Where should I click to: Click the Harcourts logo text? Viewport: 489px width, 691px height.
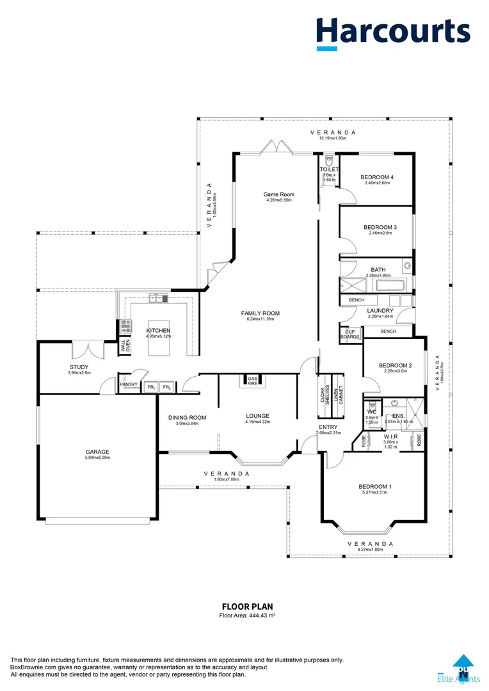point(393,31)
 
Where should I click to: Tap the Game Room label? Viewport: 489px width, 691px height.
point(278,195)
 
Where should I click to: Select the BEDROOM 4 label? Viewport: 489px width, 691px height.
point(377,177)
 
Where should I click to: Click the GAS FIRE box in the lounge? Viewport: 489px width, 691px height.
point(252,381)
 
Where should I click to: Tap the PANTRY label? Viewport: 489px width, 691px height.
point(129,385)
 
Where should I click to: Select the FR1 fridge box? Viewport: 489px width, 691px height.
point(151,387)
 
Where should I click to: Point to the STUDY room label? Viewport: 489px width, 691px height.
point(79,367)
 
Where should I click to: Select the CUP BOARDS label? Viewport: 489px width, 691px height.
point(350,334)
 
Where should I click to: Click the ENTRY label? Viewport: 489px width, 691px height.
point(328,427)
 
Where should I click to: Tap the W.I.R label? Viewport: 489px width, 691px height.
point(390,436)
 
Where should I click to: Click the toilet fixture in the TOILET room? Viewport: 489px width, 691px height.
point(329,159)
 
